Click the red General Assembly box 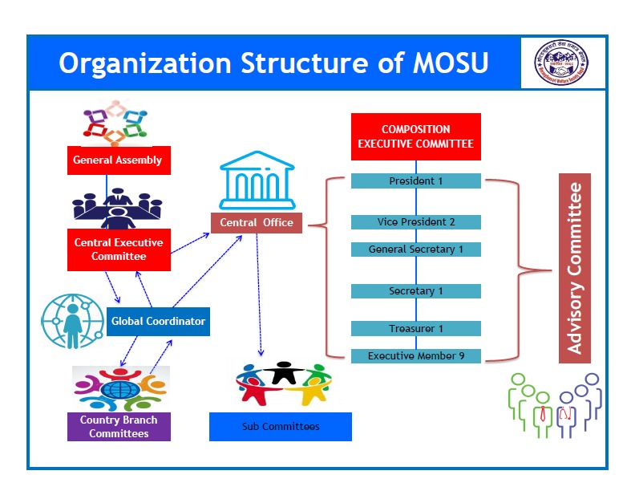117,160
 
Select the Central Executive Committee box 118,249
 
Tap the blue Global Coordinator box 158,322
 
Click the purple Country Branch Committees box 119,426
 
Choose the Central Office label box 257,222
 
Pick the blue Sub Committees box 280,426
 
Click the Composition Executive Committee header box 415,136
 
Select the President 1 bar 415,181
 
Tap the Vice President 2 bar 415,221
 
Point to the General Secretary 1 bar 415,250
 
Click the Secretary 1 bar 415,291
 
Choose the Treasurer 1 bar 415,328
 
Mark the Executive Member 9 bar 415,355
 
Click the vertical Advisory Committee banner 574,268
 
